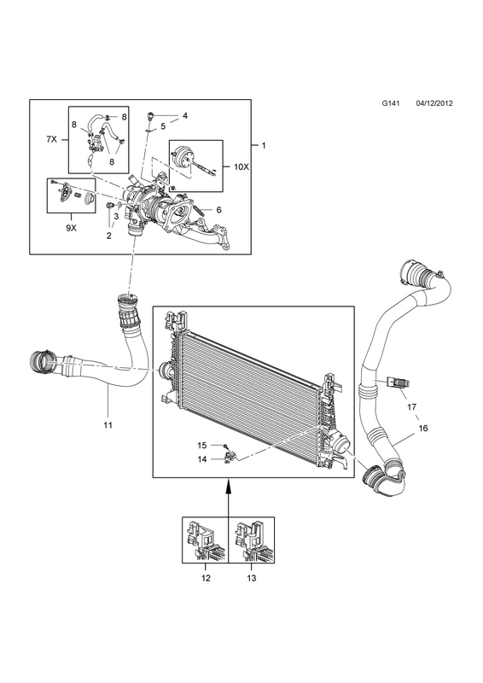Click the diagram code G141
click(x=389, y=103)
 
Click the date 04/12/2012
click(x=434, y=103)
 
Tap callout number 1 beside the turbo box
click(x=264, y=145)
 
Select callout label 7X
click(x=52, y=139)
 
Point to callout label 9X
click(x=71, y=228)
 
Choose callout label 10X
click(x=241, y=166)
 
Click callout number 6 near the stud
click(x=218, y=210)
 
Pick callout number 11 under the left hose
click(x=108, y=424)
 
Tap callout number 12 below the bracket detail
click(x=206, y=578)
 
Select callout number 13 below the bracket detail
click(x=251, y=578)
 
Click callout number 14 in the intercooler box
click(x=201, y=459)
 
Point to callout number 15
click(x=201, y=445)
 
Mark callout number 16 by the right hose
click(x=423, y=429)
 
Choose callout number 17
click(x=411, y=407)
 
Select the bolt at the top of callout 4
click(x=151, y=115)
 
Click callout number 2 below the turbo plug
click(x=109, y=236)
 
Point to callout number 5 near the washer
click(x=163, y=126)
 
